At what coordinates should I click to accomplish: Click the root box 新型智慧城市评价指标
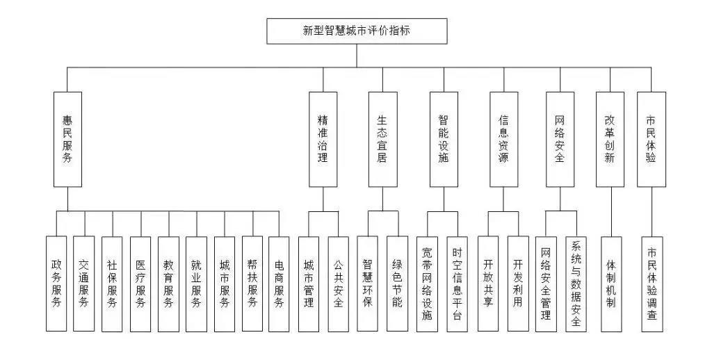(x=357, y=31)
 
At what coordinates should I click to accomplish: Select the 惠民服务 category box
(x=67, y=139)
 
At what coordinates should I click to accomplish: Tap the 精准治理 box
(x=323, y=139)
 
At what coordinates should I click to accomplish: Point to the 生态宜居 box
(x=382, y=139)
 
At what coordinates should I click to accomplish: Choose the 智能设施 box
(x=444, y=139)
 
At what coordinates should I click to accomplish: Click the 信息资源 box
(x=503, y=139)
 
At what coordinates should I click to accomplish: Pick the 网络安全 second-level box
(x=560, y=139)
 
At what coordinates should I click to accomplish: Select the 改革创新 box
(x=610, y=139)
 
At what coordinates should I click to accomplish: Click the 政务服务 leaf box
(x=56, y=284)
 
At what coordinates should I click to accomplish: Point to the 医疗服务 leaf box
(x=140, y=284)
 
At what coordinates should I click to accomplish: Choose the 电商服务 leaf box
(x=278, y=284)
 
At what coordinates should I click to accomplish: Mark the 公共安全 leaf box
(x=338, y=284)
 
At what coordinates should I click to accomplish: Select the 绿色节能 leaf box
(x=397, y=284)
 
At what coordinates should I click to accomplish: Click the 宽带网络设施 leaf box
(x=428, y=284)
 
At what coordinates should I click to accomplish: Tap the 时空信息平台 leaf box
(x=457, y=284)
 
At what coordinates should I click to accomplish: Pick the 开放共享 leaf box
(x=488, y=284)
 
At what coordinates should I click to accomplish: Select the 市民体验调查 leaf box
(x=652, y=284)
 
